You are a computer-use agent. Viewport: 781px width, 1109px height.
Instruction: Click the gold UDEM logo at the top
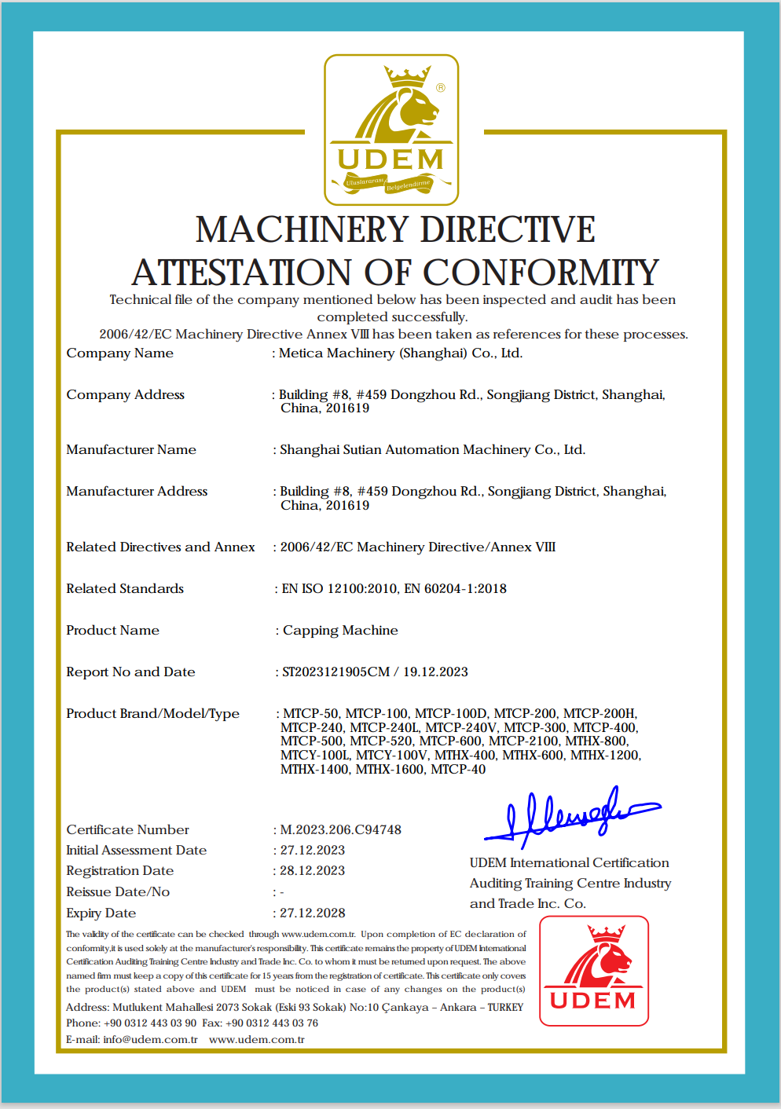pyautogui.click(x=391, y=130)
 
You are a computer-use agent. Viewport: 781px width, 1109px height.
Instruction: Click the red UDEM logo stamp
pyautogui.click(x=594, y=971)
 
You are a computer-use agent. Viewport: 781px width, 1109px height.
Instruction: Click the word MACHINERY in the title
pyautogui.click(x=302, y=230)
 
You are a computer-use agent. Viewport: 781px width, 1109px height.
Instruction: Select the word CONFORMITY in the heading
pyautogui.click(x=541, y=273)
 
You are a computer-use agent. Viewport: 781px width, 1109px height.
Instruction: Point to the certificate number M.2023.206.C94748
pyautogui.click(x=340, y=829)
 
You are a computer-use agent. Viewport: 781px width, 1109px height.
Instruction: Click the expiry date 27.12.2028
pyautogui.click(x=313, y=913)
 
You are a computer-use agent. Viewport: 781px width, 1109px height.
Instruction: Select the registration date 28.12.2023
pyautogui.click(x=313, y=870)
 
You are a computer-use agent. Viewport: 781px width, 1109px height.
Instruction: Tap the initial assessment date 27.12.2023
pyautogui.click(x=313, y=850)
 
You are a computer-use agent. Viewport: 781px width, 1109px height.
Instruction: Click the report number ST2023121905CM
pyautogui.click(x=335, y=672)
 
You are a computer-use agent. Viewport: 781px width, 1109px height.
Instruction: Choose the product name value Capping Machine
pyautogui.click(x=340, y=630)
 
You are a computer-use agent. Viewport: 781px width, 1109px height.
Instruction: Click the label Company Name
pyautogui.click(x=119, y=353)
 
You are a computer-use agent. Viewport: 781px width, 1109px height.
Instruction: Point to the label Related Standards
pyautogui.click(x=125, y=588)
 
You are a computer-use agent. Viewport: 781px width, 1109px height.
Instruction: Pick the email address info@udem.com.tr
pyautogui.click(x=150, y=1039)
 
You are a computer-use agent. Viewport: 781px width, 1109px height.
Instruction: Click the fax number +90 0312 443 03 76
pyautogui.click(x=272, y=1023)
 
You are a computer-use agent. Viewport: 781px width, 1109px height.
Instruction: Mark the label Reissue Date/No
pyautogui.click(x=118, y=891)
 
